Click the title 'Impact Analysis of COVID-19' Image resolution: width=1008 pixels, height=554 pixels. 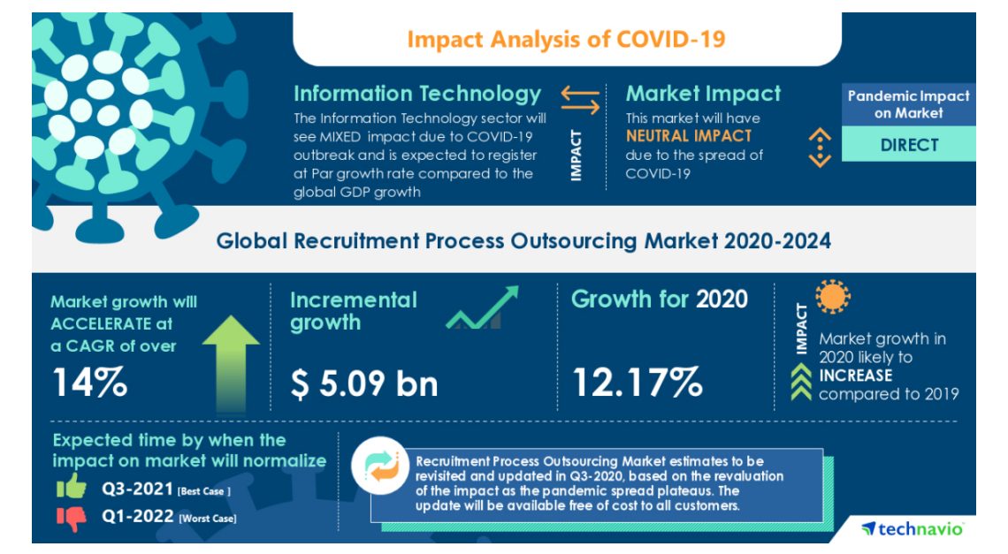[x=566, y=39]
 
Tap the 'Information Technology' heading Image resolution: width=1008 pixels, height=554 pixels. [x=416, y=94]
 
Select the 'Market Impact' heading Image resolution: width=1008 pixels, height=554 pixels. [x=703, y=94]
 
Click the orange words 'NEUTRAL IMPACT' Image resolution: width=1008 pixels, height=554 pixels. [x=689, y=136]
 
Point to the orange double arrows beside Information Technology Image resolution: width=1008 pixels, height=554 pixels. [x=580, y=100]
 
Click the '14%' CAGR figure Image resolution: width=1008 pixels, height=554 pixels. [x=90, y=383]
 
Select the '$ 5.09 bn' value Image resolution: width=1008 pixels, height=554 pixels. [x=364, y=383]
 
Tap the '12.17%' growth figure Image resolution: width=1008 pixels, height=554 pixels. [x=638, y=383]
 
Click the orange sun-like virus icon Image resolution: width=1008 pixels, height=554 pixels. [x=832, y=299]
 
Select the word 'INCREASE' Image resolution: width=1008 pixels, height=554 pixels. [x=855, y=376]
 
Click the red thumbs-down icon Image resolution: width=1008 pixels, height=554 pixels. [x=72, y=519]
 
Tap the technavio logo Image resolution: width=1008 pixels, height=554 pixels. [x=913, y=528]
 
